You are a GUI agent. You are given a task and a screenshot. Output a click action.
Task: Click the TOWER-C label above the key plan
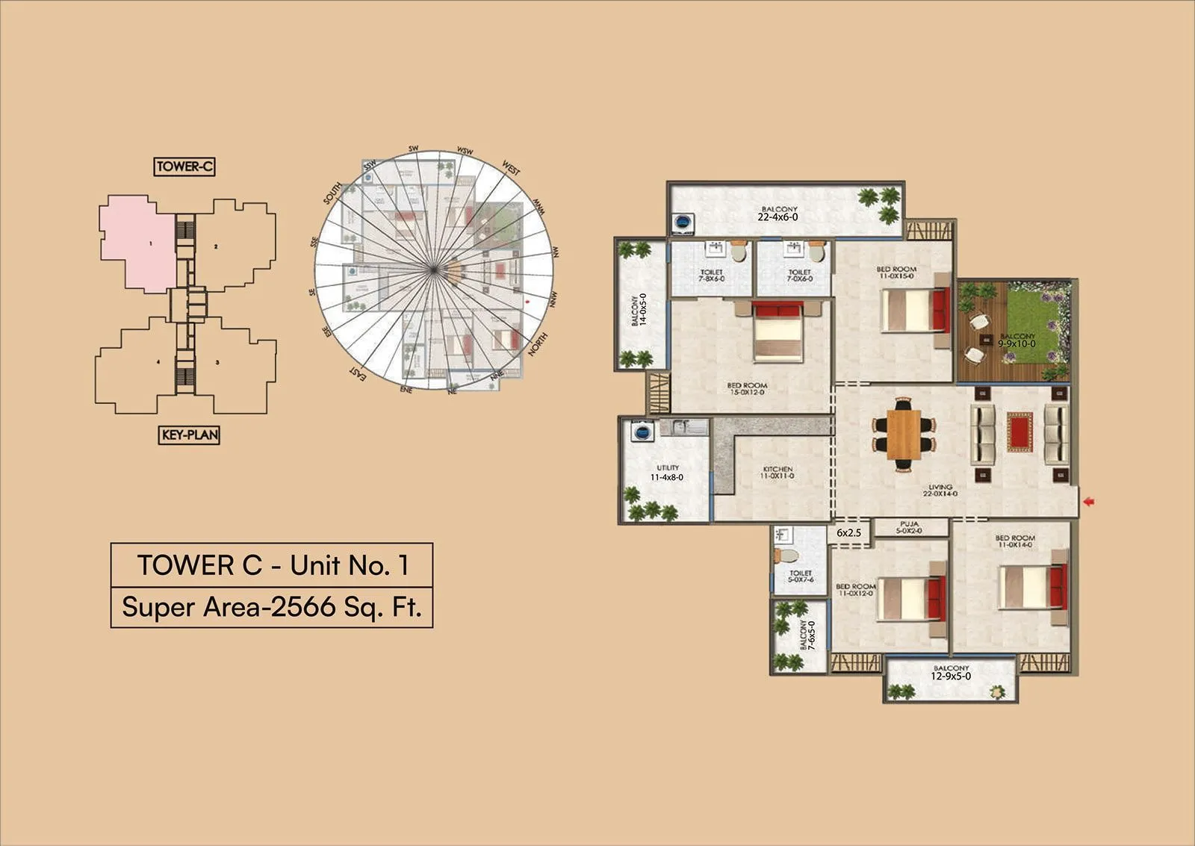coord(184,167)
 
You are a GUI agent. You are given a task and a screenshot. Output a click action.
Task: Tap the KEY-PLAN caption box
coord(190,435)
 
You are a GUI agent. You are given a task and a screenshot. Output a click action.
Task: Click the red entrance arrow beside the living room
coord(1088,502)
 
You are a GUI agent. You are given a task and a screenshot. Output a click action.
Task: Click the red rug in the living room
coord(1019,432)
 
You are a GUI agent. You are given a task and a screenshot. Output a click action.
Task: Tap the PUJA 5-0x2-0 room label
coord(910,527)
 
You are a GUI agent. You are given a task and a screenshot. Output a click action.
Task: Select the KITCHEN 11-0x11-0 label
coord(777,473)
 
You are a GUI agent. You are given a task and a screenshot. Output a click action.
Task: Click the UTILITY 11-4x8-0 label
coord(667,473)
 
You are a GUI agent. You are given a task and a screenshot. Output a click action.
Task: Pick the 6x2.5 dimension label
coord(848,533)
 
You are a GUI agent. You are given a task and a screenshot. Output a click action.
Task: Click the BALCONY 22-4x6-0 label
coord(778,214)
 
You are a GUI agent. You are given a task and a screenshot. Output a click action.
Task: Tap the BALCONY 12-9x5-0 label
coord(951,673)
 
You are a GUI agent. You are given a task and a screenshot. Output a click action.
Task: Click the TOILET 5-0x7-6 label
coord(800,576)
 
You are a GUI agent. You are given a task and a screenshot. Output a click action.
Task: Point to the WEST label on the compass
coord(512,167)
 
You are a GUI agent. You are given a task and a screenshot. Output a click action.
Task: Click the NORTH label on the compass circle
coord(538,344)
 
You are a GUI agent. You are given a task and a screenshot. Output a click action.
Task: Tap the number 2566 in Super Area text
coord(303,607)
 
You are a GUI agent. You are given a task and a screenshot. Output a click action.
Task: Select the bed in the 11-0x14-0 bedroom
coord(1031,587)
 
